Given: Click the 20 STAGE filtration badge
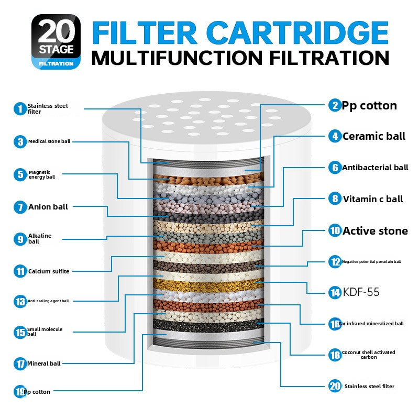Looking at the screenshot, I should (x=56, y=41).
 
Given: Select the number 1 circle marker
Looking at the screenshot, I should (x=20, y=109).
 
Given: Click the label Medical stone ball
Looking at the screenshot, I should (x=49, y=141).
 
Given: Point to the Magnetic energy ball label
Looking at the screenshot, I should (x=42, y=174).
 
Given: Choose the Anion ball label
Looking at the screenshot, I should (x=48, y=207).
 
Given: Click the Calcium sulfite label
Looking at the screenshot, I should (x=49, y=271).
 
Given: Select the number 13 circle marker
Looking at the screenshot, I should (x=20, y=301).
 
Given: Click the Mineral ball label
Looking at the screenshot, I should (x=45, y=363).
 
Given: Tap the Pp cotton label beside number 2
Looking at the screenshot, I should (x=369, y=105).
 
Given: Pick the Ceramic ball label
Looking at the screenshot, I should (x=373, y=137).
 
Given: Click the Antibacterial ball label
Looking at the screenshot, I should (x=375, y=168).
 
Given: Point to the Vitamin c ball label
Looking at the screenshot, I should (x=373, y=199).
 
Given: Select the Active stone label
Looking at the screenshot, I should (x=375, y=231).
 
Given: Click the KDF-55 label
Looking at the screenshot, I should (x=361, y=292).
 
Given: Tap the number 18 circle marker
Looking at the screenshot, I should (x=335, y=355).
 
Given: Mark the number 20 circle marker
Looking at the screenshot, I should (x=335, y=387).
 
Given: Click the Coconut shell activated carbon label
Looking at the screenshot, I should (x=369, y=355).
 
